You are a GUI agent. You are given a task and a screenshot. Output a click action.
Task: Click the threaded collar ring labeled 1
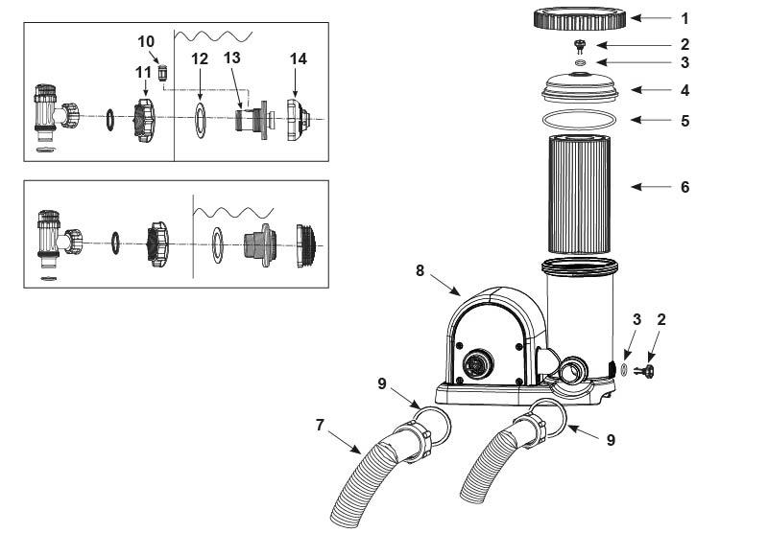pos(580,18)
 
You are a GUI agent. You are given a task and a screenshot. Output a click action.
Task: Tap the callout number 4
pos(684,90)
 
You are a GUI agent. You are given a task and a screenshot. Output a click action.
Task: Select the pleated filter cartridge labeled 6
pos(580,195)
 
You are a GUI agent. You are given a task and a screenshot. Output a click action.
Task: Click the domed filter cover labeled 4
pos(580,88)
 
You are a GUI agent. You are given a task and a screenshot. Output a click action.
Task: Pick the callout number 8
pos(420,270)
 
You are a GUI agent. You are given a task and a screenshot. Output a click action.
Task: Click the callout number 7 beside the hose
pos(320,425)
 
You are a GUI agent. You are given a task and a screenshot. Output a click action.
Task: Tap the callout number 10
pos(146,41)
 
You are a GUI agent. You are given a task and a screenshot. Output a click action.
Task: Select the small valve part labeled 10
pos(162,74)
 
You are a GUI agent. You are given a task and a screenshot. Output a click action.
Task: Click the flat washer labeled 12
pos(201,120)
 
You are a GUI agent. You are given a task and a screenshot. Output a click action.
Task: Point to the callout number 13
pos(231,58)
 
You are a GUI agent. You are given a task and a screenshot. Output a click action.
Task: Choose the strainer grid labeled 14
pos(299,120)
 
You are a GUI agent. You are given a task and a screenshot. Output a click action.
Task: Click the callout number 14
pos(299,58)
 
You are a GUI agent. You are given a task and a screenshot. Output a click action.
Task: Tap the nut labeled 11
pos(144,120)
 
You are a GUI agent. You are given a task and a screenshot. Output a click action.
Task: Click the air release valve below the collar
pos(581,46)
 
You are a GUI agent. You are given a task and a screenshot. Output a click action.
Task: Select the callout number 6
pos(684,187)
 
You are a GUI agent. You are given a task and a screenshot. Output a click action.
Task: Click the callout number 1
pos(684,18)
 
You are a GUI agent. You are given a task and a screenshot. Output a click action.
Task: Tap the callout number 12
pos(200,58)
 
